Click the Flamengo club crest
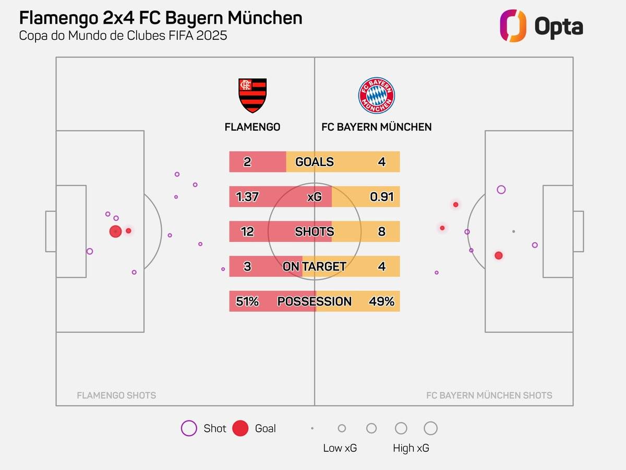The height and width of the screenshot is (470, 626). pos(252,96)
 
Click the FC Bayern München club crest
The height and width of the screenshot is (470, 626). pos(376,96)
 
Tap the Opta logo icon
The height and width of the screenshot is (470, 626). pos(513,26)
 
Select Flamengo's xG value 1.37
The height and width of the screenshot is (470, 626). pos(247,197)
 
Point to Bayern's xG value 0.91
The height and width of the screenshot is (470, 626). pos(381,197)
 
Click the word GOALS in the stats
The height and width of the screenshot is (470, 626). pos(315,162)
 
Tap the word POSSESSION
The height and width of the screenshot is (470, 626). pos(315,301)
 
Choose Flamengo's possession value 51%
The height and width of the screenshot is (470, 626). pos(247,301)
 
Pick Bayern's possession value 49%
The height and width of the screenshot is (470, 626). pos(381,301)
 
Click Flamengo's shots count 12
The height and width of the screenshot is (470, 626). pos(247,231)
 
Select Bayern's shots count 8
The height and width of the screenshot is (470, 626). pos(381,231)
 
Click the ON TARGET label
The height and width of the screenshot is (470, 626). pos(315,266)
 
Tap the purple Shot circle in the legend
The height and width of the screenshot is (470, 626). pos(188,428)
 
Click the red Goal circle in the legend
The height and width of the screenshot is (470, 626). pos(240,428)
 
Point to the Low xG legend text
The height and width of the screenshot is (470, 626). pos(340,448)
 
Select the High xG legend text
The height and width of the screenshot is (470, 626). pos(411,448)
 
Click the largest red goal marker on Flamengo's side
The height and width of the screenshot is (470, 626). pos(115,231)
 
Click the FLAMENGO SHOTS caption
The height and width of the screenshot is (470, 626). pos(116,395)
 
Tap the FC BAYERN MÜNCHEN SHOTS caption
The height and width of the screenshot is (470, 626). pos(489,395)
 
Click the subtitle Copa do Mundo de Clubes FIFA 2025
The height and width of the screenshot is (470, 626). pos(123,36)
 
